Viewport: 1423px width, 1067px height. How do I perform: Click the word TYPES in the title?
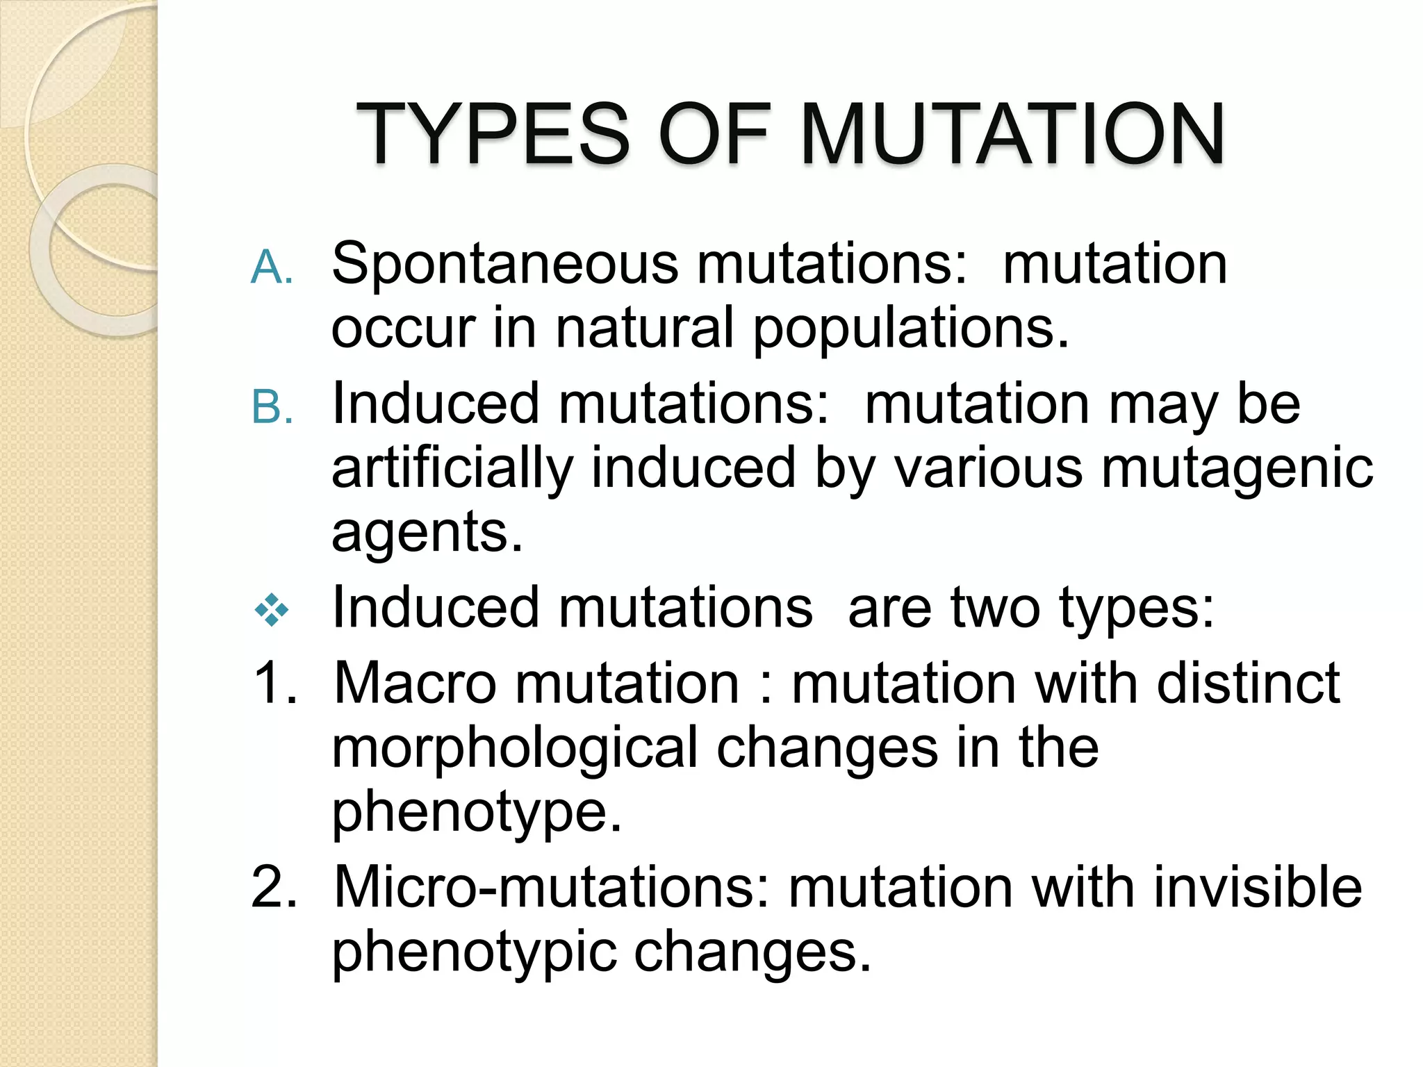pyautogui.click(x=493, y=133)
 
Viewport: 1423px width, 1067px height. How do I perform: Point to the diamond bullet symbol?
pyautogui.click(x=272, y=611)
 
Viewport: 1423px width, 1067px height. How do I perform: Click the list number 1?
pyautogui.click(x=275, y=683)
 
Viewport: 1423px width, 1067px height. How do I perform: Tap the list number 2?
pyautogui.click(x=274, y=887)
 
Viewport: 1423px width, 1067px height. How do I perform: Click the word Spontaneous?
pyautogui.click(x=505, y=265)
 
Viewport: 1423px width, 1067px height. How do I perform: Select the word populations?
pyautogui.click(x=910, y=327)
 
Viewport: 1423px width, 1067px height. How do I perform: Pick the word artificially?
pyautogui.click(x=452, y=469)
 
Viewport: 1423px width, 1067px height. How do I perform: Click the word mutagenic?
pyautogui.click(x=1237, y=469)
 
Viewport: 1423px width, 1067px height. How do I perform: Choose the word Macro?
pyautogui.click(x=416, y=683)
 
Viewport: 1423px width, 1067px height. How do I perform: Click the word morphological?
pyautogui.click(x=514, y=749)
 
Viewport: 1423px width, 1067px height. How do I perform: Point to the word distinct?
pyautogui.click(x=1248, y=683)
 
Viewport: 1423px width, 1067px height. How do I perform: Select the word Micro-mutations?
pyautogui.click(x=552, y=887)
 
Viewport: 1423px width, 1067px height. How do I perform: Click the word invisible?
pyautogui.click(x=1258, y=887)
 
